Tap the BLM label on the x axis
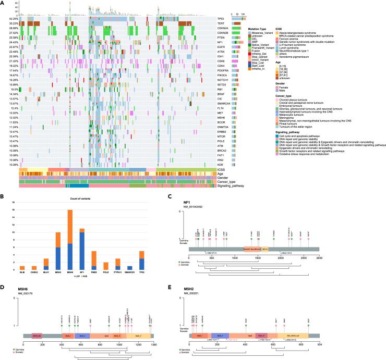point(22,273)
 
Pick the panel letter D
point(3,286)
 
